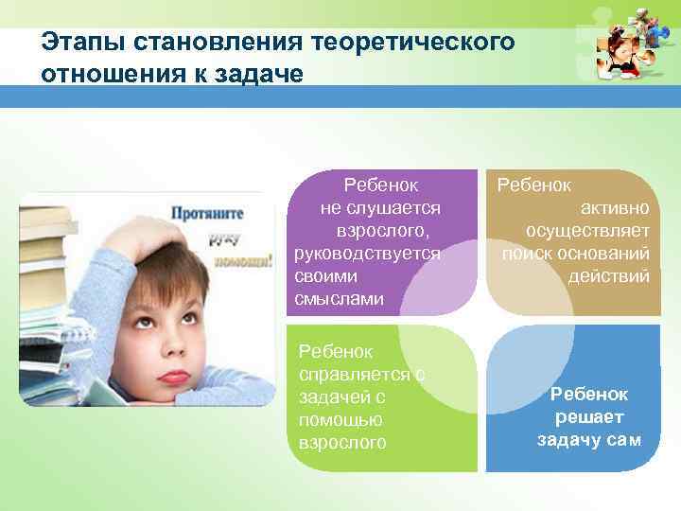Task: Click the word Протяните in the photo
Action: pos(207,214)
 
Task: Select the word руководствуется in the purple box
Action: pos(367,254)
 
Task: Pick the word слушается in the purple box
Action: pos(381,207)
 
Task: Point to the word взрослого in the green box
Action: pos(341,443)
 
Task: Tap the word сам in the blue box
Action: pos(625,439)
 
